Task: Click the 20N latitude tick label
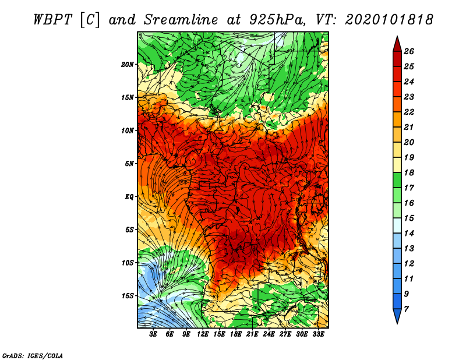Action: pos(127,64)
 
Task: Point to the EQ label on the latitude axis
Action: pos(129,197)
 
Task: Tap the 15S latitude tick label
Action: pos(128,296)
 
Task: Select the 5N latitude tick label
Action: pos(129,164)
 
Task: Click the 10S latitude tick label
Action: pos(128,263)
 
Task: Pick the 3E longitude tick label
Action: pos(153,334)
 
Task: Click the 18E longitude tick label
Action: pos(236,334)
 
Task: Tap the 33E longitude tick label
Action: pos(318,334)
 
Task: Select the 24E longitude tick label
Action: pos(269,334)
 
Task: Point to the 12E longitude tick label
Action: pos(203,334)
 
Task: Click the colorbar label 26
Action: pos(409,51)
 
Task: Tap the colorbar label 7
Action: pos(406,309)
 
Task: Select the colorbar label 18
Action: pos(409,172)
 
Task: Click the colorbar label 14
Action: pos(409,234)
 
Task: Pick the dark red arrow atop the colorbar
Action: pos(397,45)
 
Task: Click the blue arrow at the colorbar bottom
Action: pos(397,315)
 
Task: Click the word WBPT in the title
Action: pos(52,20)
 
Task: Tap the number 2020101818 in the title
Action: pos(389,20)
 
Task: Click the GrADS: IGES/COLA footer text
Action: pos(33,355)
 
